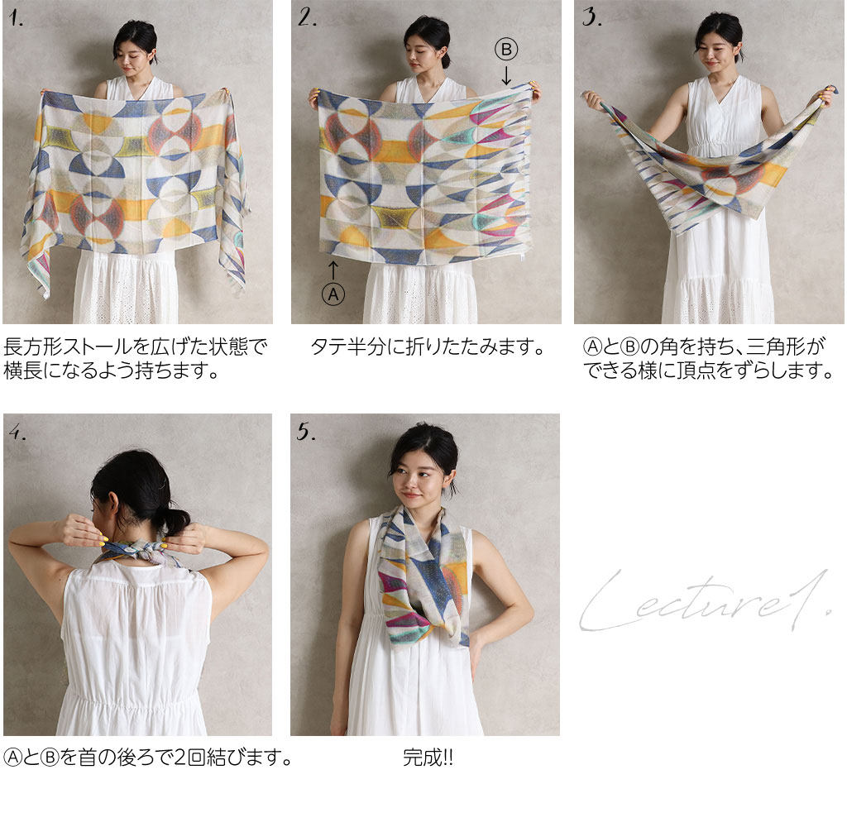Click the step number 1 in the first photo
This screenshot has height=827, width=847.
tap(16, 19)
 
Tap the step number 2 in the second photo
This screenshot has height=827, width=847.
tap(307, 18)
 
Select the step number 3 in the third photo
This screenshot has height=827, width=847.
tap(591, 17)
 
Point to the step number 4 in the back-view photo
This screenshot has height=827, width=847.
tap(17, 432)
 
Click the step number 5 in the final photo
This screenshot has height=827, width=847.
tap(306, 432)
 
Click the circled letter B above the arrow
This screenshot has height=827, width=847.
tap(506, 50)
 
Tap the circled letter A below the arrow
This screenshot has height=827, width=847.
tap(333, 294)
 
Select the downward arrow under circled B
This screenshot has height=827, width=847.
tap(506, 75)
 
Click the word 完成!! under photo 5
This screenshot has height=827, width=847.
tap(428, 758)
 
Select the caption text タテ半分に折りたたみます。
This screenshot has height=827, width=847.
tap(428, 347)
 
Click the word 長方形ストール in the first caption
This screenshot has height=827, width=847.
tap(68, 347)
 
